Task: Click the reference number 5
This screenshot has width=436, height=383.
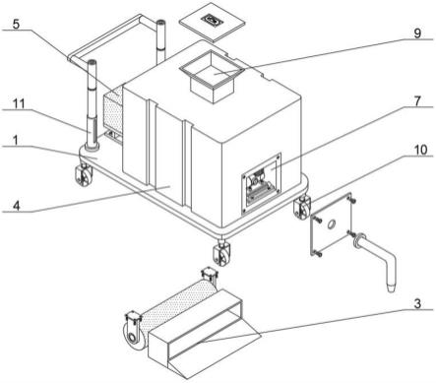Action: coord(16,24)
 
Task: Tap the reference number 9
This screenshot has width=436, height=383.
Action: coord(417,33)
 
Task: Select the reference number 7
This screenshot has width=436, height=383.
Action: coord(417,101)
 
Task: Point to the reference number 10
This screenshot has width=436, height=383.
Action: coord(420,150)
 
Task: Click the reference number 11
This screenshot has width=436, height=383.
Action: coord(19,103)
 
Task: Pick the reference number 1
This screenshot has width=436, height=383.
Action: coord(16,140)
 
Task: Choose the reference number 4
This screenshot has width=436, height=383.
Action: coord(17,206)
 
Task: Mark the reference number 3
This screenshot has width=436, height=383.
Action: coord(417,303)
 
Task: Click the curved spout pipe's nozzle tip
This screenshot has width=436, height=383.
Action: coord(391,289)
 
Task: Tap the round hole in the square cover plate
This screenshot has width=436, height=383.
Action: coord(332,224)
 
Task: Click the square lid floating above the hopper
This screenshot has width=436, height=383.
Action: coord(212,23)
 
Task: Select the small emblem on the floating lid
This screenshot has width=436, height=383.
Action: coord(212,21)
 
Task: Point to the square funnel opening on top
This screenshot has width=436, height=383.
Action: coord(213,76)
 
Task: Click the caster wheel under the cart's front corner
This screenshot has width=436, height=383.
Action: coord(221,254)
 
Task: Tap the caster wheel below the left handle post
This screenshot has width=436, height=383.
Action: coord(83,175)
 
